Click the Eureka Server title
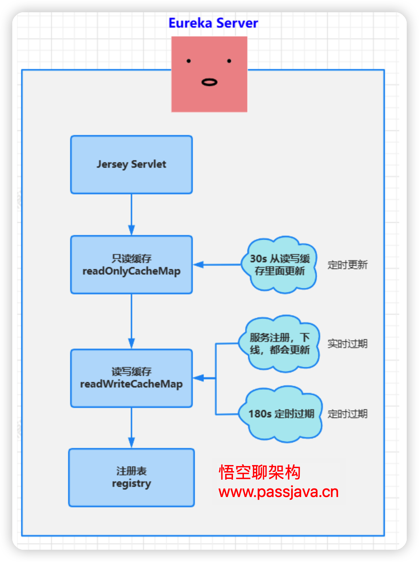click(213, 23)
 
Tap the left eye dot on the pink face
click(189, 61)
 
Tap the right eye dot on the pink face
click(229, 61)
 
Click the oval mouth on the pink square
click(209, 82)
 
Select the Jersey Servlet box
click(131, 165)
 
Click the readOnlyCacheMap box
click(131, 265)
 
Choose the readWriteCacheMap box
click(131, 378)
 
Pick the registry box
click(131, 477)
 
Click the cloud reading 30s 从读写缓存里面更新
click(279, 265)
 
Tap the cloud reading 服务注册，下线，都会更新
click(279, 344)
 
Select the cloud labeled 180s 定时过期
click(281, 414)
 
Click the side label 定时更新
click(347, 265)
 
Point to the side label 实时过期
click(347, 344)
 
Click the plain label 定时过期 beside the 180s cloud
click(347, 414)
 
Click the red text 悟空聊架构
click(260, 472)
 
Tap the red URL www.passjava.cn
click(278, 492)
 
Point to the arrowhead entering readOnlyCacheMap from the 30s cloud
click(199, 264)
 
